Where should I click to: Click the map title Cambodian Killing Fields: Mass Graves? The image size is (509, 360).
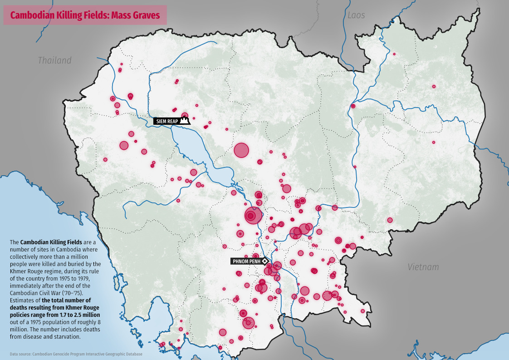coord(85,15)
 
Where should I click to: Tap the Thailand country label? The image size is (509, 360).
coord(54,60)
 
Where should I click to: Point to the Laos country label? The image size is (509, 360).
coord(356,15)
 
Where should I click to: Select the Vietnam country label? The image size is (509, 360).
coord(423,267)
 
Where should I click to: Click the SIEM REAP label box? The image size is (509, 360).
coord(166,121)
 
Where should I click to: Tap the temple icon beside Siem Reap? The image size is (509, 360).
coord(184,121)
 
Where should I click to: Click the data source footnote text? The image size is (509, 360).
coord(76,354)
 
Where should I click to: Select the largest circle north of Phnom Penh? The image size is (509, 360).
coord(253,215)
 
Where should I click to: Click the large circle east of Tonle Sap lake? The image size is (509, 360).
coord(241,150)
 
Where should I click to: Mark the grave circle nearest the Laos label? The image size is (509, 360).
coord(394,54)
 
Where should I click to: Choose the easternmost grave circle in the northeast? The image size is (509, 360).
coord(434,86)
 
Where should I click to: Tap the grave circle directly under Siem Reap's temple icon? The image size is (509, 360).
coord(185,116)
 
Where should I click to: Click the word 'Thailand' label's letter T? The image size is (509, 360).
coord(40,60)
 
